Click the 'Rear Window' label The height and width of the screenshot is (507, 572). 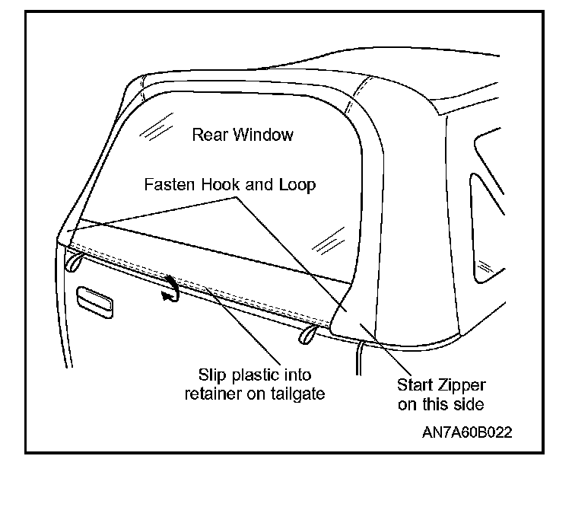coord(242,135)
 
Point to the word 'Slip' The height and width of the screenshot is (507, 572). coord(212,375)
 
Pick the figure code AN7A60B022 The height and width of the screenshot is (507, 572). coord(467,432)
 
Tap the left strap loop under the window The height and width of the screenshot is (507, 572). coord(73,262)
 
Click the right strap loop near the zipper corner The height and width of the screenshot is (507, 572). coord(310,334)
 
